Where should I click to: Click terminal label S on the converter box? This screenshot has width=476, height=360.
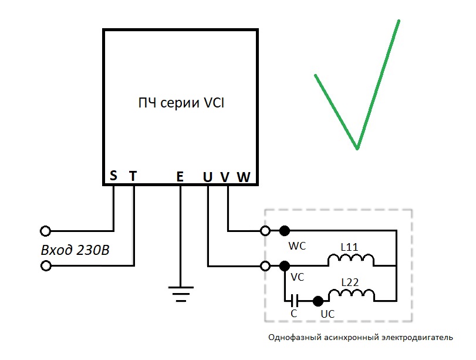coord(113,176)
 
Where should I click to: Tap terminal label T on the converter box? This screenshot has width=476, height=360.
coord(133,176)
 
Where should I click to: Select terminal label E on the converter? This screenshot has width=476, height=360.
coord(180,177)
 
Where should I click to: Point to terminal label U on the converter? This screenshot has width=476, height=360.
coord(208,177)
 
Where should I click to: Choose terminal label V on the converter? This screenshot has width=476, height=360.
coord(225,177)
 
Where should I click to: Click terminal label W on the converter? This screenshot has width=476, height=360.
coord(244,177)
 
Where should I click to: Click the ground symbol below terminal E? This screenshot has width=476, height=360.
coord(181,294)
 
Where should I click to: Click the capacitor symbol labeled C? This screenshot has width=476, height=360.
coord(294,301)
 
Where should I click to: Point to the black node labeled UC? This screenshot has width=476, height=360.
coord(318,301)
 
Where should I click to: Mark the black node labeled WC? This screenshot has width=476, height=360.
coord(285,231)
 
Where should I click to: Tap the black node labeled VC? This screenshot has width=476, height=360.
coord(285,266)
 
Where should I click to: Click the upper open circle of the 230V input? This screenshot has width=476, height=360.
coord(46,231)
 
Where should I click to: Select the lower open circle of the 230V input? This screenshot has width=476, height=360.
coord(46,266)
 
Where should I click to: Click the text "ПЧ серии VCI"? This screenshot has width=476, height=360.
coord(181,103)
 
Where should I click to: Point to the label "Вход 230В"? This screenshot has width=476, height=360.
coord(75,250)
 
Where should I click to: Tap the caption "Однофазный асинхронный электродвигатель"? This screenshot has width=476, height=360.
coord(360,337)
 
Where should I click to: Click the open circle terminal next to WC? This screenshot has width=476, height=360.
coord(265,231)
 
